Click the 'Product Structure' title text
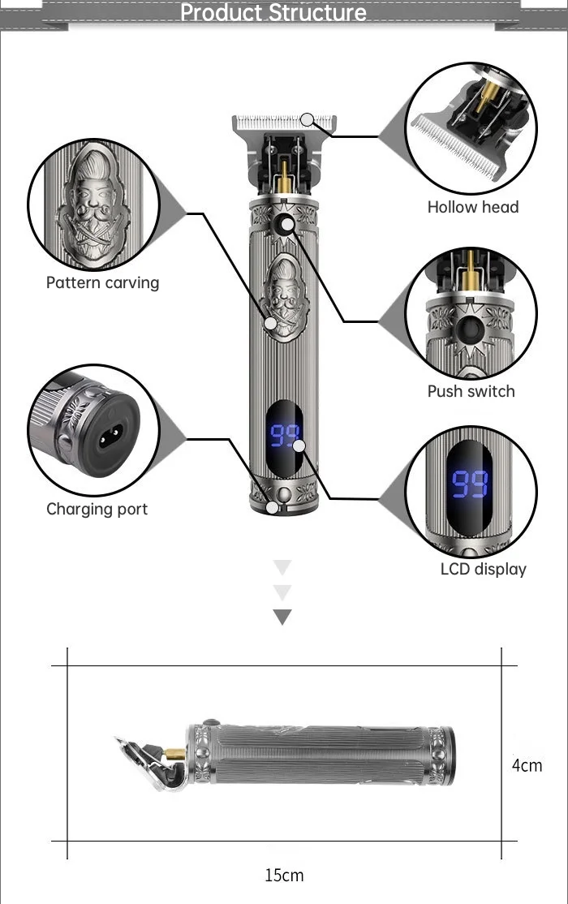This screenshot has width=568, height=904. click(273, 12)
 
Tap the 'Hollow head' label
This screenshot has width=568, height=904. click(473, 207)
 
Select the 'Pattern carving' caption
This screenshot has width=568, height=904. click(102, 282)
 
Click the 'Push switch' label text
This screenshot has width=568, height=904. click(471, 391)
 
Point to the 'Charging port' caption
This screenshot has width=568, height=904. click(97, 509)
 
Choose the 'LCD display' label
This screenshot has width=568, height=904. click(484, 569)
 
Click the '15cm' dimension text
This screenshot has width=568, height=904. click(284, 875)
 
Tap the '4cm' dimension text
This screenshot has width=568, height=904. click(527, 765)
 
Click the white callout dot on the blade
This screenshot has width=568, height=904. click(308, 119)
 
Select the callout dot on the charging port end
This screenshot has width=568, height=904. click(272, 507)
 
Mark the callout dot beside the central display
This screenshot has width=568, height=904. click(299, 446)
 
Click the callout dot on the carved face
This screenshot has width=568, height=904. click(270, 324)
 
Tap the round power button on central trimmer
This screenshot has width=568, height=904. click(284, 225)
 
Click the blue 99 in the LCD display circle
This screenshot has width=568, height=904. click(469, 484)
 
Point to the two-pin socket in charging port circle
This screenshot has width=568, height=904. click(110, 437)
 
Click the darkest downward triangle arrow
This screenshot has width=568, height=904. click(282, 617)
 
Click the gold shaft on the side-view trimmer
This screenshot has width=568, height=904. click(174, 754)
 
